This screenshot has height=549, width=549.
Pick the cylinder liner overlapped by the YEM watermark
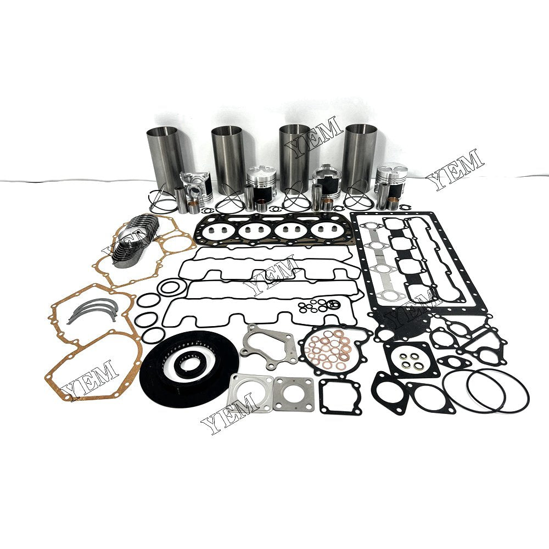tap(295, 156)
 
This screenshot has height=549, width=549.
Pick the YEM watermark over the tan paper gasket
tap(88, 379)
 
